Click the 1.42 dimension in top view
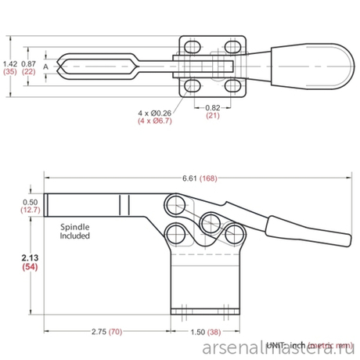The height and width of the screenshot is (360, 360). point(10,63)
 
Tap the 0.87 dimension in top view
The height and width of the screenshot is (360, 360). point(29,63)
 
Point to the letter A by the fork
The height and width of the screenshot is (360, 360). point(47,67)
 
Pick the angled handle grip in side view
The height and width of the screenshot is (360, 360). point(313,234)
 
